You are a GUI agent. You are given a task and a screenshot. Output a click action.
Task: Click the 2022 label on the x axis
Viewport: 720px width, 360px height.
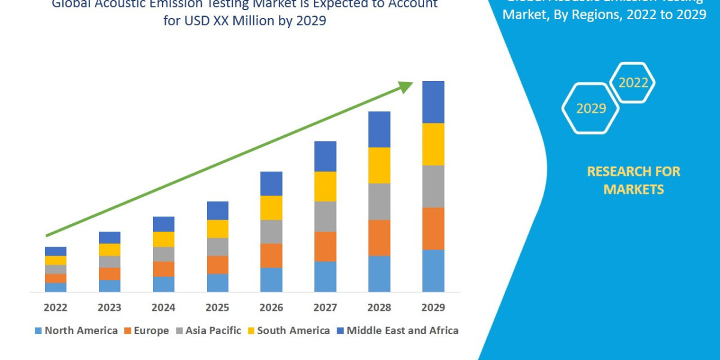point(55,307)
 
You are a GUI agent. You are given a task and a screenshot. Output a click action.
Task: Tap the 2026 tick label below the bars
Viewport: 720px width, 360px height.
point(271,307)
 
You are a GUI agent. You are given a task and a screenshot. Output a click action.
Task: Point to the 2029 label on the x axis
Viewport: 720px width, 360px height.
point(433,307)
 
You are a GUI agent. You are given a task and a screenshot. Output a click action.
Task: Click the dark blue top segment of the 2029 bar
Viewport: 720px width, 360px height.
point(433,102)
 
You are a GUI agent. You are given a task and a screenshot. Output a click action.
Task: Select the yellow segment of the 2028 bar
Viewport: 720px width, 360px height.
point(379,165)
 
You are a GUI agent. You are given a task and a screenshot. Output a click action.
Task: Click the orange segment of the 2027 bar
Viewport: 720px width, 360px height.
point(325,246)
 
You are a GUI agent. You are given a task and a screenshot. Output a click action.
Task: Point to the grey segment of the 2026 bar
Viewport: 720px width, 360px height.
point(271,232)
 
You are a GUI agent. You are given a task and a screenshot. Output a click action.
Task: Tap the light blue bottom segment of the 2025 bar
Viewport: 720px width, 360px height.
point(217,283)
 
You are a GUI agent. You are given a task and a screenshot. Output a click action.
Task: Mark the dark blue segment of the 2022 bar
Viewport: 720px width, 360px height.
point(55,251)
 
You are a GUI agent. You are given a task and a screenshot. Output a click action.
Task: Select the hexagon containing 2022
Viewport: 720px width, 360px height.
point(632,83)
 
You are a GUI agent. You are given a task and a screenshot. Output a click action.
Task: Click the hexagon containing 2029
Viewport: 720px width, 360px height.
point(590,109)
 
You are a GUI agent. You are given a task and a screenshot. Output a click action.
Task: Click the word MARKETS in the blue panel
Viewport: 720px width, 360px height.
point(633,190)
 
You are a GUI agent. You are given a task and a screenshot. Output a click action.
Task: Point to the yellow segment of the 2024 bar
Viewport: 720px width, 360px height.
point(163,239)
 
